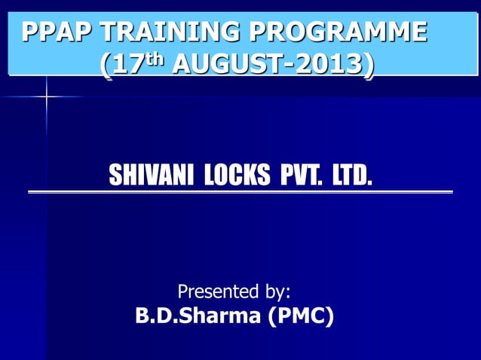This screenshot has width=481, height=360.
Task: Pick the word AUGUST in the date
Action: click(226, 65)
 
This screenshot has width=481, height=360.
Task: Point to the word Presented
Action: click(215, 291)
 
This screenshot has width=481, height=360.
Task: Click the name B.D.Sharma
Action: click(198, 316)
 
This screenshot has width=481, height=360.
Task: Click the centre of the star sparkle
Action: click(46, 97)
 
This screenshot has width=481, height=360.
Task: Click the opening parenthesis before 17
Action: click(105, 66)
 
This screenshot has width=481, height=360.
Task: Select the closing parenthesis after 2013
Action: click(367, 66)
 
